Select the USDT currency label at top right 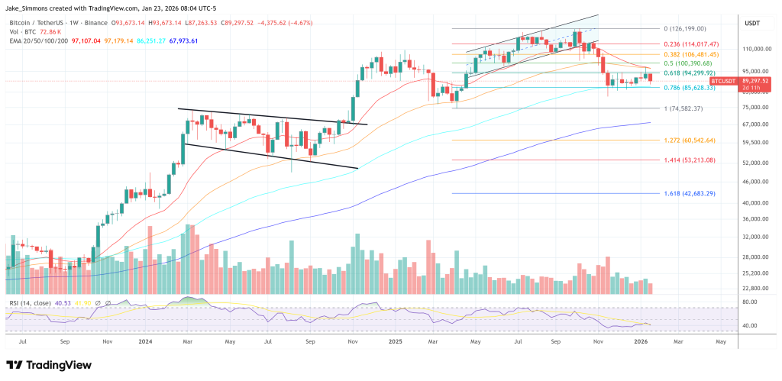point(752,23)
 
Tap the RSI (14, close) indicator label point(31,303)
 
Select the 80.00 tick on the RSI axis point(750,302)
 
